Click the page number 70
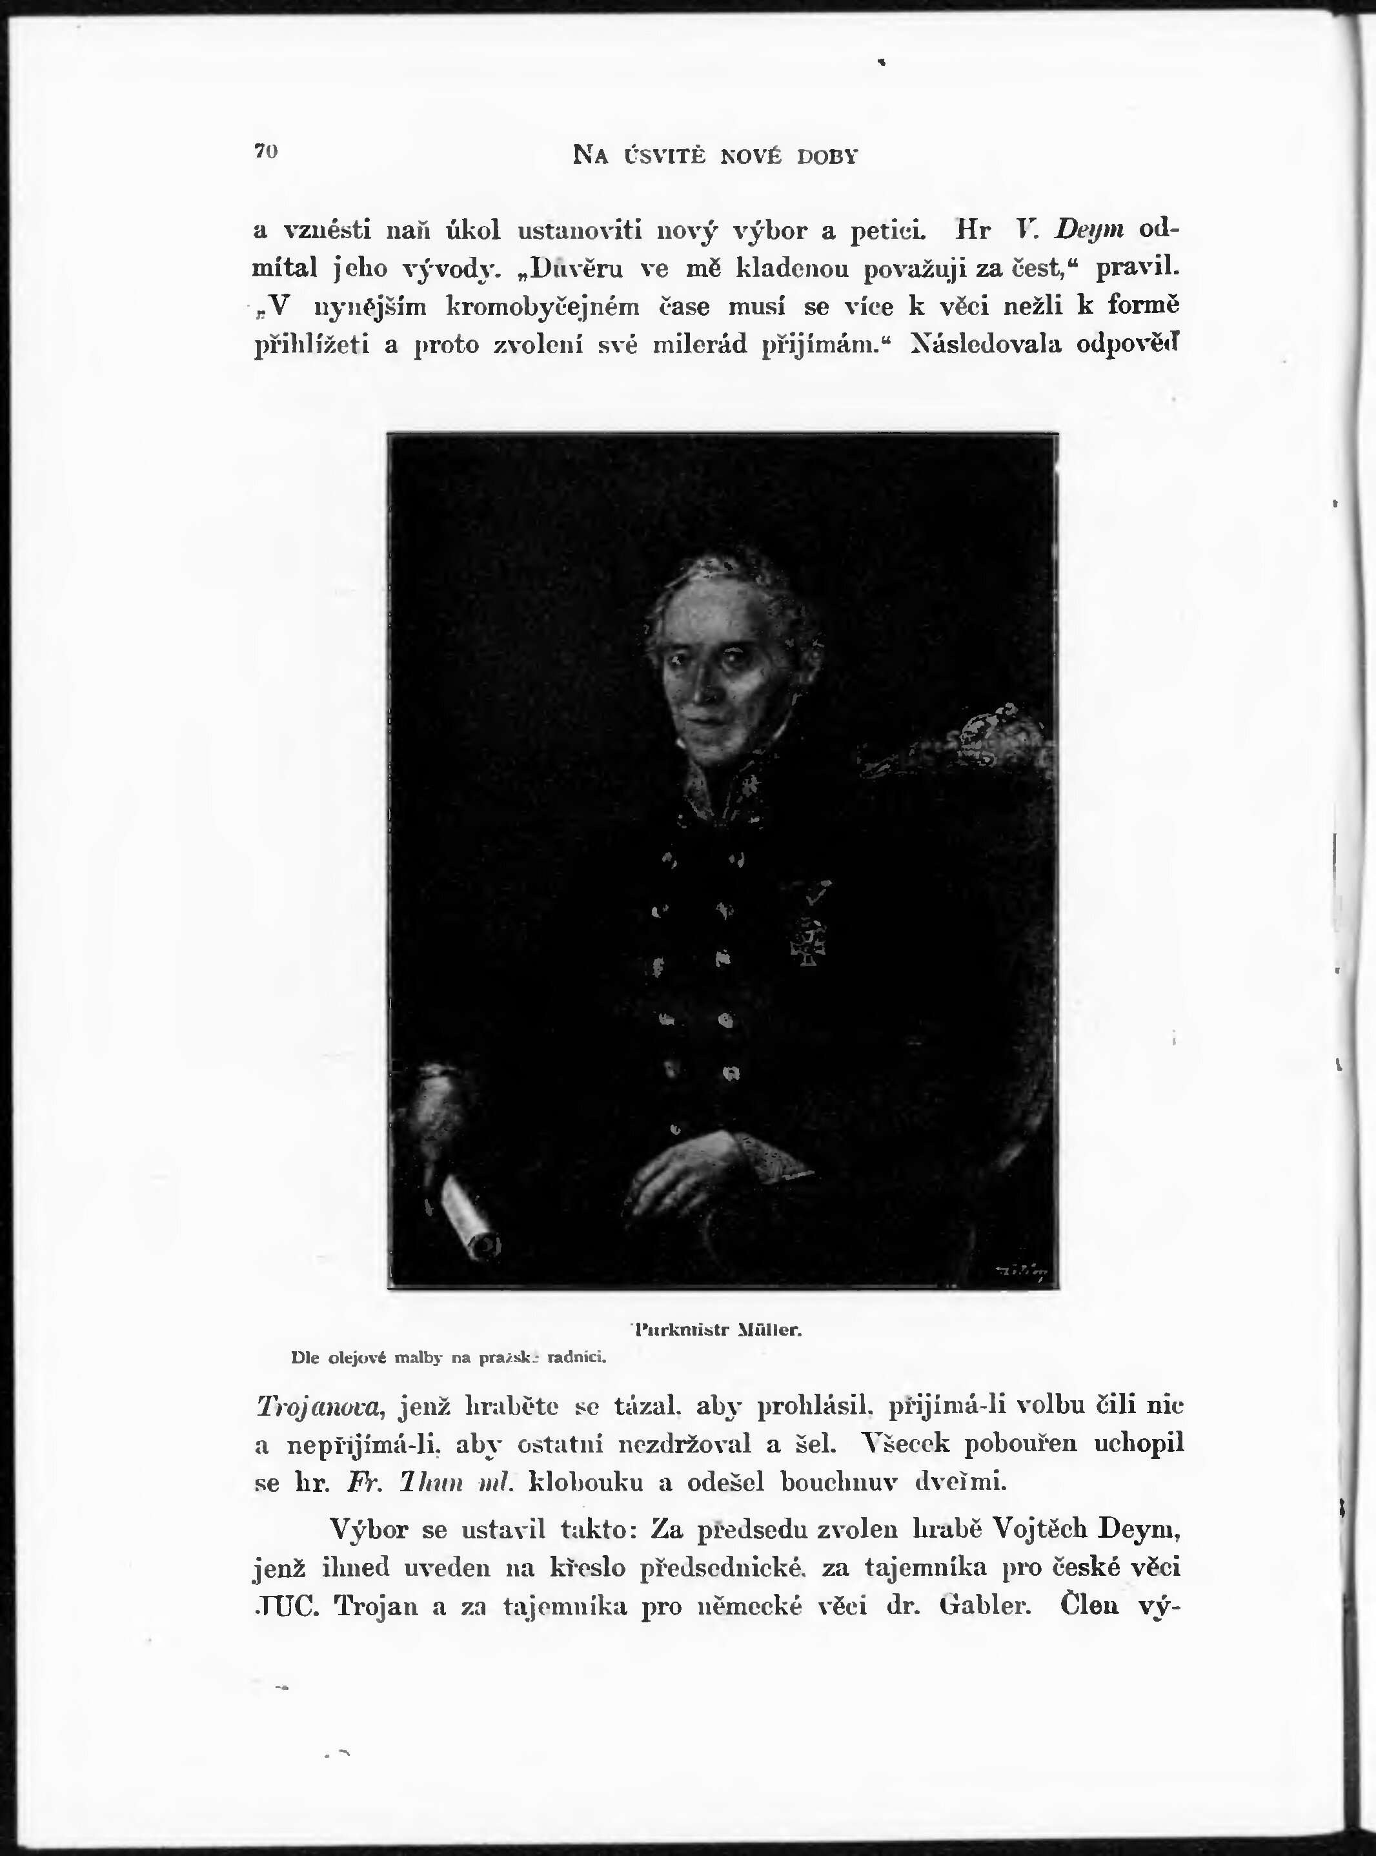[x=266, y=152]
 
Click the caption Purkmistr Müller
[x=717, y=1331]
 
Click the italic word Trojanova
[x=319, y=1405]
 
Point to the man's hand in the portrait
[x=683, y=1167]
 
